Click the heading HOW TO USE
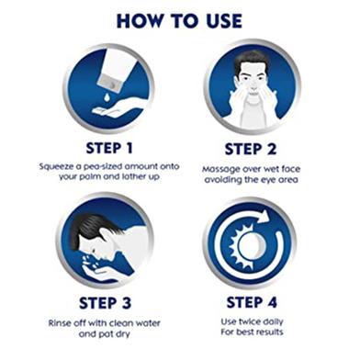pyautogui.click(x=179, y=21)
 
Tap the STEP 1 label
pyautogui.click(x=109, y=148)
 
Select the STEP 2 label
pyautogui.click(x=251, y=150)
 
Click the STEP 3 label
pyautogui.click(x=105, y=303)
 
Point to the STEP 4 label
pyautogui.click(x=252, y=302)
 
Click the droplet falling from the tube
pyautogui.click(x=106, y=96)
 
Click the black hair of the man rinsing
pyautogui.click(x=92, y=228)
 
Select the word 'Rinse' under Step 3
pyautogui.click(x=59, y=323)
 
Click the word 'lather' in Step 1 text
pyautogui.click(x=134, y=176)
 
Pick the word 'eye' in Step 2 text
pyautogui.click(x=268, y=180)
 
